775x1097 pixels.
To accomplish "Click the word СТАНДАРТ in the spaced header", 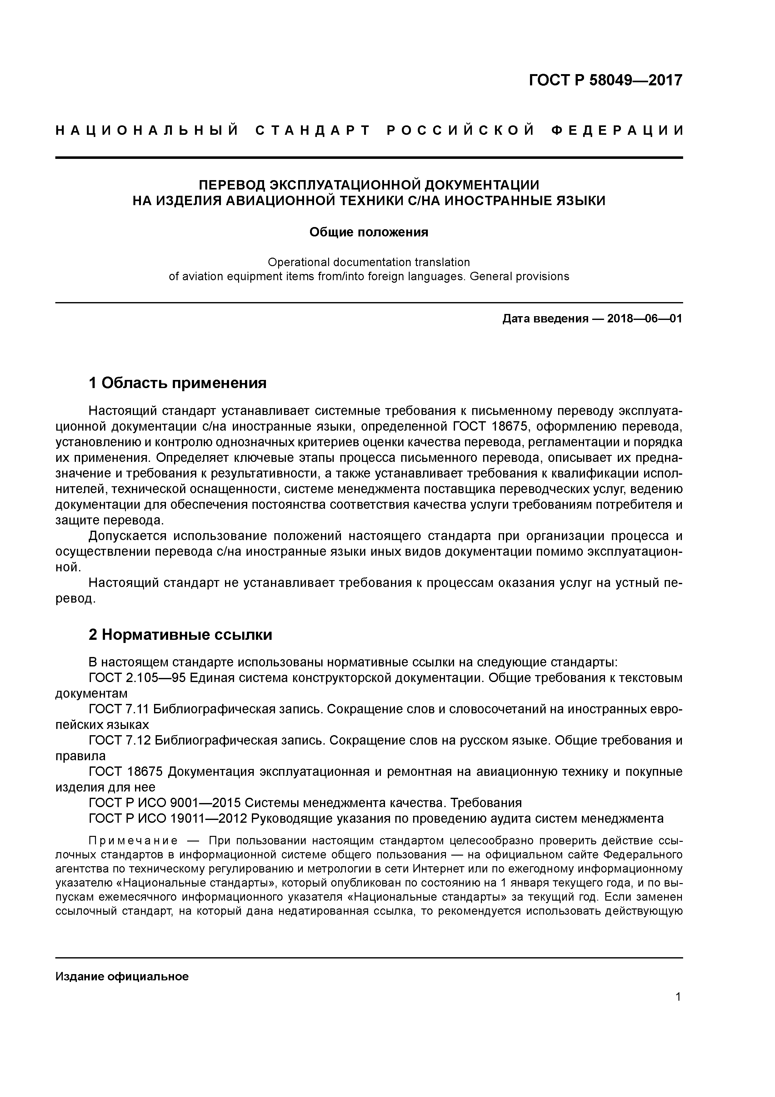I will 313,130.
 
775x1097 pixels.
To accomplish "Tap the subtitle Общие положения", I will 369,232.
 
